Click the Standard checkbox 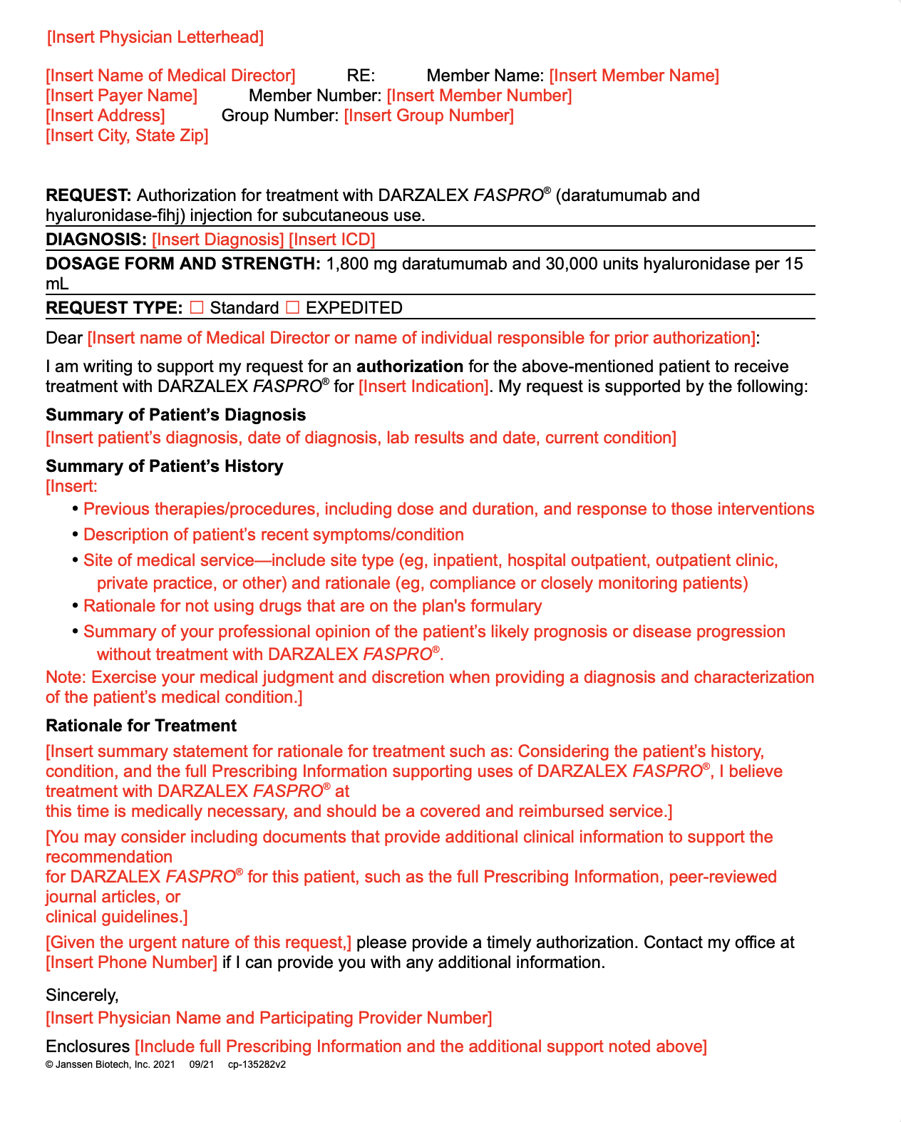[x=197, y=307]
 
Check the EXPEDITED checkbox [x=292, y=307]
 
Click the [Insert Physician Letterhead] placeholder [x=155, y=37]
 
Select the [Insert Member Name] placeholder [x=634, y=76]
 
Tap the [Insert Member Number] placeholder [x=479, y=96]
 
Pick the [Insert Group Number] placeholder [x=428, y=115]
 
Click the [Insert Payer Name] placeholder [x=122, y=96]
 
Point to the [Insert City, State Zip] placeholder [x=127, y=135]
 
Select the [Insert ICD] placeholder [x=332, y=240]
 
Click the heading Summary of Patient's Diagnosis [x=176, y=415]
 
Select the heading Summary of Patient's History [x=165, y=466]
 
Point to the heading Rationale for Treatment [x=141, y=726]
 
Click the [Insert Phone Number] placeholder [x=132, y=962]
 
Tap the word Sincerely [x=82, y=995]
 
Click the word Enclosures [x=88, y=1046]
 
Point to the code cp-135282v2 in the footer [x=257, y=1065]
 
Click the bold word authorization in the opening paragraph [x=410, y=366]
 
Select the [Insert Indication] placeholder [x=423, y=386]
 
